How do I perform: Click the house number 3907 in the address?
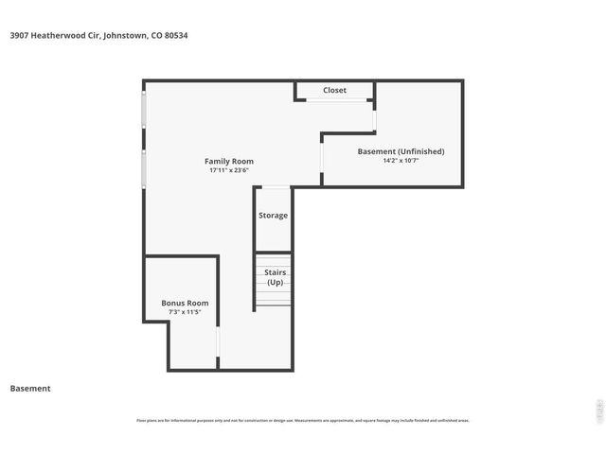(19, 35)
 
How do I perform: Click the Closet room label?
(334, 91)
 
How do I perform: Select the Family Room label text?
(230, 161)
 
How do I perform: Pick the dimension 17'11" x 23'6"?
(230, 171)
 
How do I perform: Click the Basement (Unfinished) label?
(401, 151)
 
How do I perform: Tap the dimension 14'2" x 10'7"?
(401, 161)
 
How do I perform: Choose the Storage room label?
(273, 216)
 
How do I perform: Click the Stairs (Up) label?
(274, 277)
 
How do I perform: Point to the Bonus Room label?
(185, 303)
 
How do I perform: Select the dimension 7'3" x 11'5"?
(185, 312)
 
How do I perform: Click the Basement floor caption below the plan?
(30, 388)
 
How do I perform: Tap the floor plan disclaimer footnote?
(303, 420)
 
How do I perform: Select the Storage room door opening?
(274, 187)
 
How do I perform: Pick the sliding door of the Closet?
(334, 101)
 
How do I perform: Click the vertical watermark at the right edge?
(597, 409)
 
